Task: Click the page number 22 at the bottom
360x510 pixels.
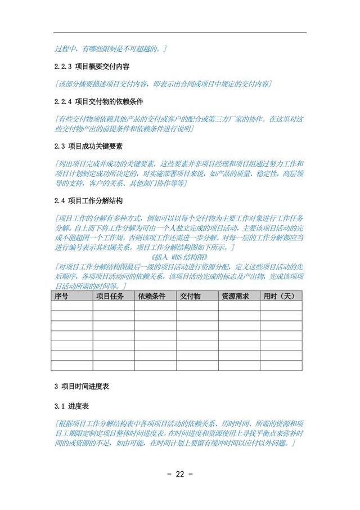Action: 180,473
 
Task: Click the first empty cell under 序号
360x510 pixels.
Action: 71,306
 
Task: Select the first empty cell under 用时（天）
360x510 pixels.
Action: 281,306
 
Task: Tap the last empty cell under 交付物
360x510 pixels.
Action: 197,366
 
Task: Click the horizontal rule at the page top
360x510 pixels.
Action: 180,33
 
